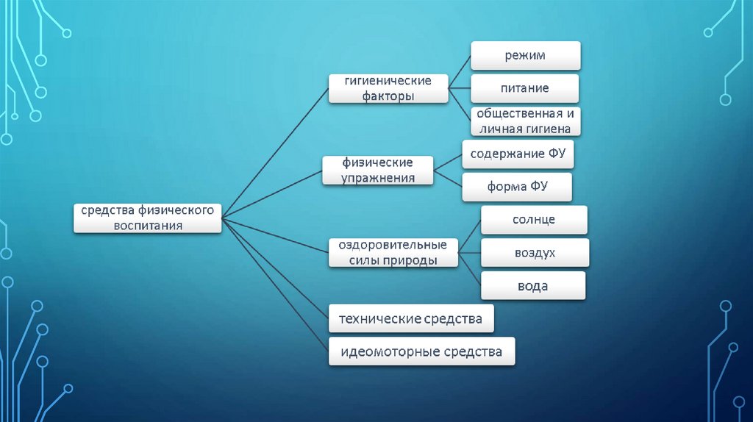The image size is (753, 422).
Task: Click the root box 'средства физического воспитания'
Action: pyautogui.click(x=147, y=218)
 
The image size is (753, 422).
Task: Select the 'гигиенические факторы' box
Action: pyautogui.click(x=388, y=89)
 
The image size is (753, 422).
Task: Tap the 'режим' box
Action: pyautogui.click(x=525, y=56)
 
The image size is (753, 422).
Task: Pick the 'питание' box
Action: pyautogui.click(x=525, y=88)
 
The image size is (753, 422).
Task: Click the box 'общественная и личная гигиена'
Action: pyautogui.click(x=525, y=121)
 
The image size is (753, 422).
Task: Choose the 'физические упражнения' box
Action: pyautogui.click(x=377, y=170)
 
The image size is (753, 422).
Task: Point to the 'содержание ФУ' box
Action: pyautogui.click(x=517, y=154)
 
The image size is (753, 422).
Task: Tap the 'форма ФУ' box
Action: pyautogui.click(x=517, y=186)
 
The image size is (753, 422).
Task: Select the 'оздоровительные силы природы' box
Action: pyautogui.click(x=393, y=252)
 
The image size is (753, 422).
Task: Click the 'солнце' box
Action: pyautogui.click(x=534, y=220)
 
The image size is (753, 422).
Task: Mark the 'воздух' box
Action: pyautogui.click(x=534, y=252)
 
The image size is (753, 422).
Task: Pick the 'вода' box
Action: pyautogui.click(x=534, y=285)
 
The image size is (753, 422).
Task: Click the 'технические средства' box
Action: pyautogui.click(x=410, y=318)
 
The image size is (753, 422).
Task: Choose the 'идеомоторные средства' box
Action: pyautogui.click(x=421, y=351)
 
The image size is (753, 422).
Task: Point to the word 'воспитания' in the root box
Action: pyautogui.click(x=147, y=226)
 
